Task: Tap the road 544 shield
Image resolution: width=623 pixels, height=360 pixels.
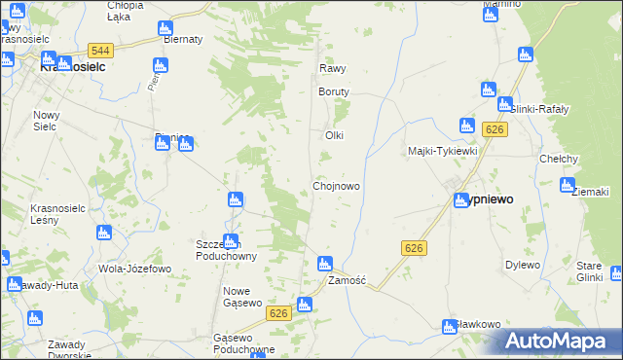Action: point(99,50)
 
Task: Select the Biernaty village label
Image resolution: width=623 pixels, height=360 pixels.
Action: point(183,40)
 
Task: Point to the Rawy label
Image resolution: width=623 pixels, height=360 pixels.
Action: point(333,69)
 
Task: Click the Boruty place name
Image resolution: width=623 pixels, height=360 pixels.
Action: point(333,91)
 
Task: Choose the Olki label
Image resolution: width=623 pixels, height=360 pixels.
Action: point(335,135)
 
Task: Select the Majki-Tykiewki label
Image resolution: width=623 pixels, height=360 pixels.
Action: point(442,151)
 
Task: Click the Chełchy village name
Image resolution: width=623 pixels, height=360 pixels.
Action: point(559,159)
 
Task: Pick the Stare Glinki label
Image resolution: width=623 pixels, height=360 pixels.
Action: point(590,270)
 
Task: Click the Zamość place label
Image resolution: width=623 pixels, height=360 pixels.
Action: point(346,280)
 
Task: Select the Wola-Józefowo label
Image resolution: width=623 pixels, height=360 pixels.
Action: point(135,268)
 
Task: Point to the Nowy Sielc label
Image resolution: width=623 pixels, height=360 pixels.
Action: point(47,121)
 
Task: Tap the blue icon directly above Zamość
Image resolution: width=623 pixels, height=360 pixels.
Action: point(325,263)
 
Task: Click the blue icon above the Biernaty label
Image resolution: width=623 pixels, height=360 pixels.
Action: point(165,28)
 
